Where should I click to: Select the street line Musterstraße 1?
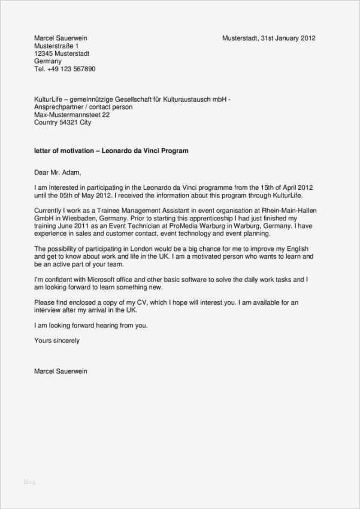tap(56, 46)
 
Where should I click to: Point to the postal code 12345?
tap(43, 53)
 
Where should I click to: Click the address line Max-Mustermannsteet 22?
tap(72, 114)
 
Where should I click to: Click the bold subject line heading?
tap(111, 151)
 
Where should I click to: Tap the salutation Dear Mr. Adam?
tap(58, 172)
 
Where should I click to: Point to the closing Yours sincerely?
tap(57, 341)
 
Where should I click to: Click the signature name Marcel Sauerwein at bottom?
tap(60, 371)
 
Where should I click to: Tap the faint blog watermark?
tap(29, 481)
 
